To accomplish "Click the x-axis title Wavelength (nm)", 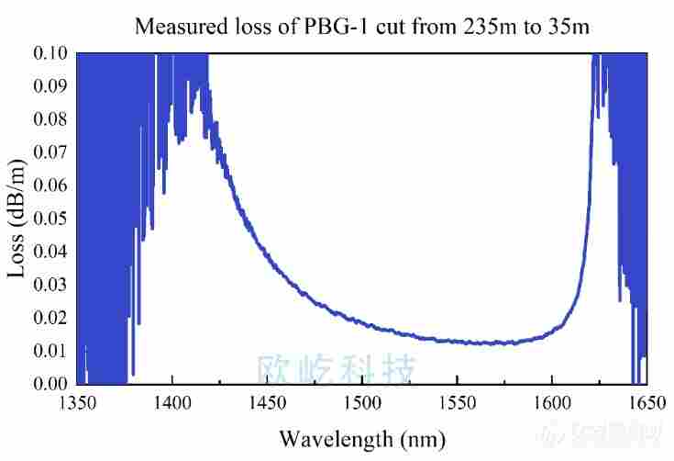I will tap(362, 439).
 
